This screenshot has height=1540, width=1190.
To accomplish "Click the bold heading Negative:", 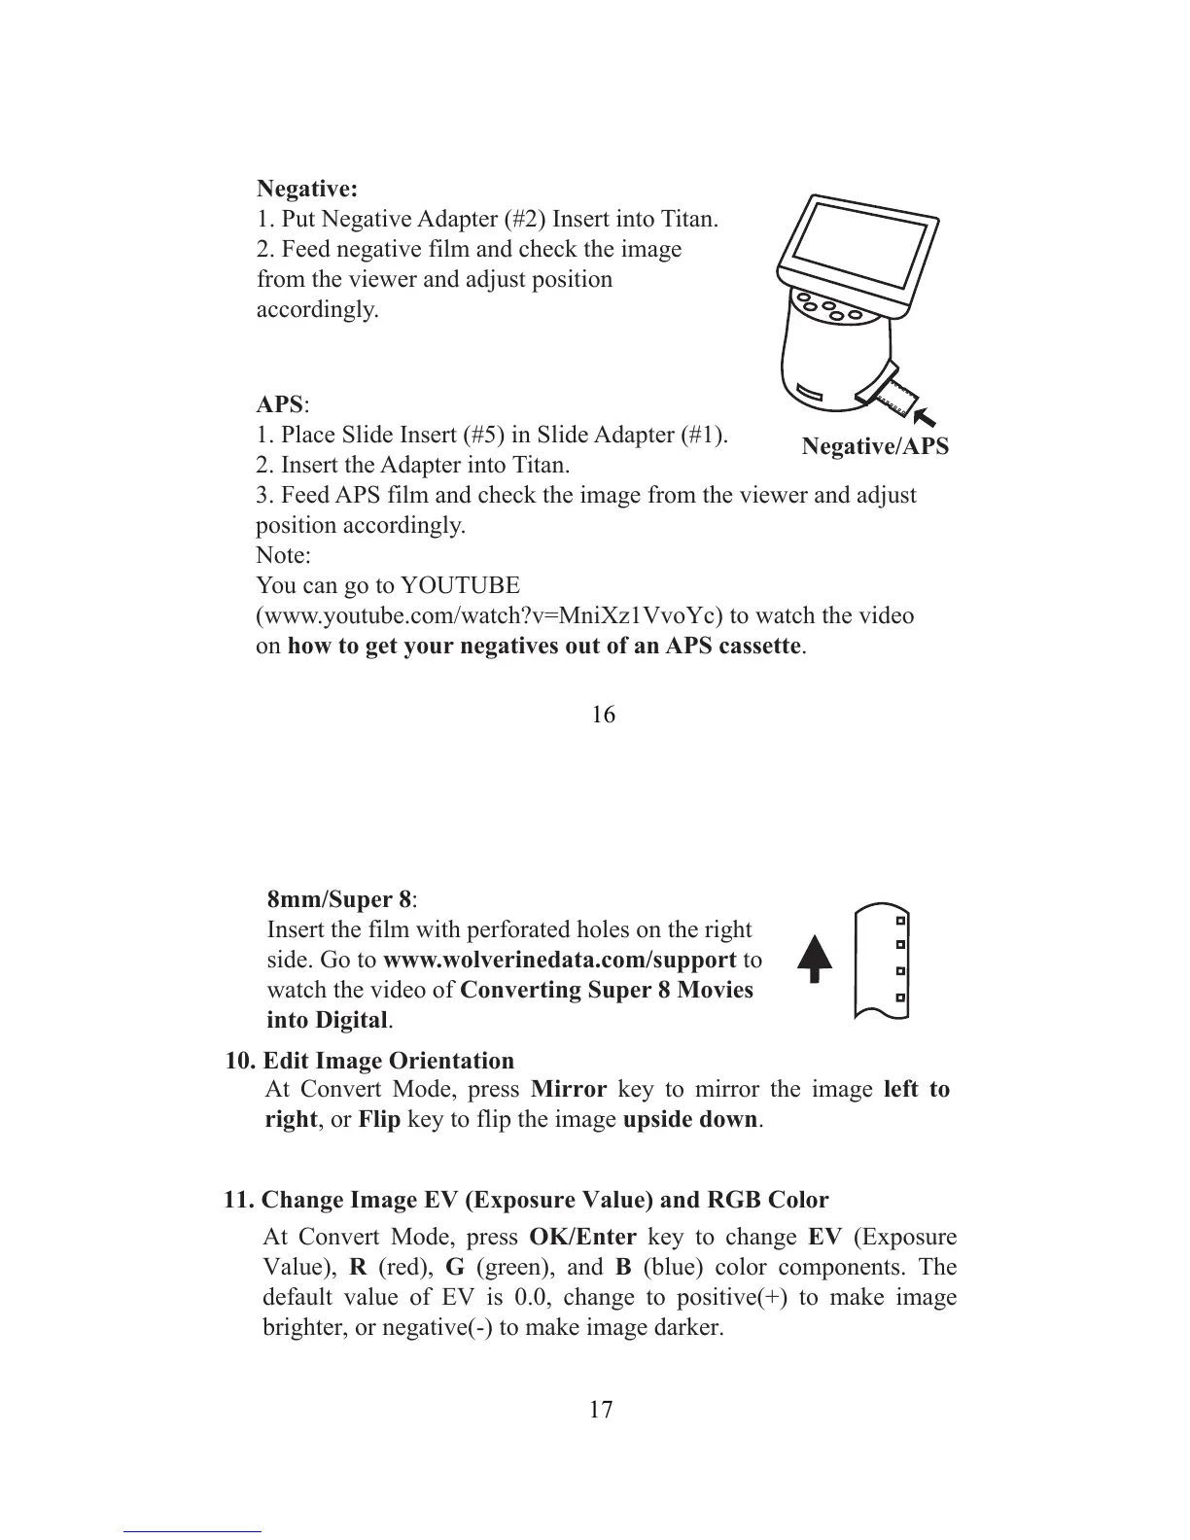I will (x=306, y=188).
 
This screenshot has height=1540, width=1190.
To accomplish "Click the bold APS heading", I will (x=279, y=404).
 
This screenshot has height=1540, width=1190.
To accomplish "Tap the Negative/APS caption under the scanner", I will (x=874, y=446).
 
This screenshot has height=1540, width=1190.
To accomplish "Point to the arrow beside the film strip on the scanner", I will (x=933, y=415).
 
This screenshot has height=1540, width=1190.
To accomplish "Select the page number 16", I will (x=603, y=715).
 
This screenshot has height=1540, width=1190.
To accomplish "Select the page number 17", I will (x=601, y=1409).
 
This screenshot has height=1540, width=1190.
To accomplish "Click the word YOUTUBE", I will (x=460, y=586).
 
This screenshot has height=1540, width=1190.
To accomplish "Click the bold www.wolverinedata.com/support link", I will (x=559, y=961).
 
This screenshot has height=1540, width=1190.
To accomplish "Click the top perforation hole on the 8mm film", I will (x=901, y=920).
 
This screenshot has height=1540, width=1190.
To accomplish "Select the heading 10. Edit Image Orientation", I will (x=369, y=1061).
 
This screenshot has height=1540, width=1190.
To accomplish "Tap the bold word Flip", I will (x=379, y=1120).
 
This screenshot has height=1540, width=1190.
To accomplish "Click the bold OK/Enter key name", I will (x=582, y=1238).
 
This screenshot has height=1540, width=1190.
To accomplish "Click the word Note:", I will (x=283, y=556).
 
